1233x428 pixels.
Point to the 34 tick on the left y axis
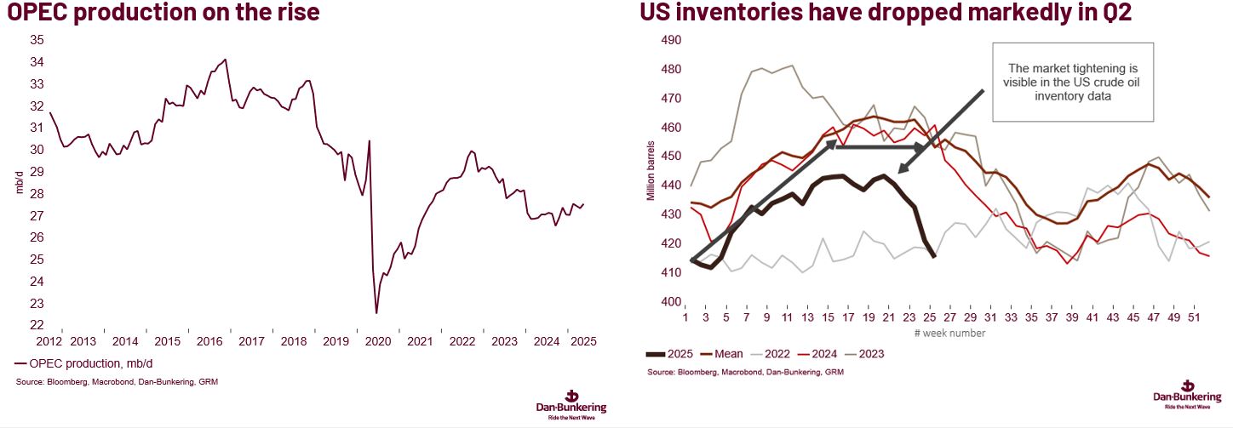37,62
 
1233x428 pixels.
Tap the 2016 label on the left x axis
209,341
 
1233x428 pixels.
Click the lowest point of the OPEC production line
376,313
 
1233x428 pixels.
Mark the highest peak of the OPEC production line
225,60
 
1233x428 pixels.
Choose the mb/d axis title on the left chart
20,182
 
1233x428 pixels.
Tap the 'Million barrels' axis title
651,171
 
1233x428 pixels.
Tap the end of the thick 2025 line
935,256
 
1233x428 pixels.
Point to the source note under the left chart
117,382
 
